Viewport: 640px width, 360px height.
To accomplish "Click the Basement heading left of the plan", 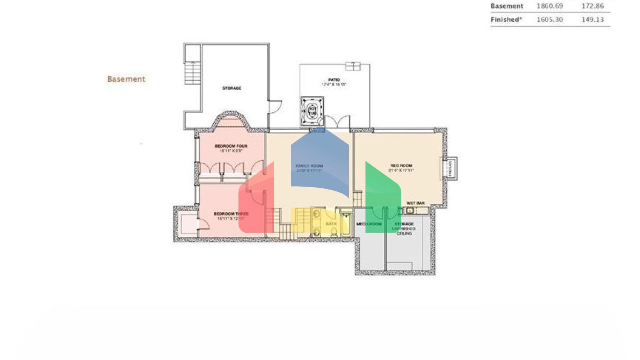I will click(126, 79).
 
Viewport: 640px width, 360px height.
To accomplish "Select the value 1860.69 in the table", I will click(550, 6).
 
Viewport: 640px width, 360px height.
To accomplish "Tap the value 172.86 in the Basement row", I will click(592, 6).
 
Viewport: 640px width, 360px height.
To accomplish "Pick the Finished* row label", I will click(506, 20).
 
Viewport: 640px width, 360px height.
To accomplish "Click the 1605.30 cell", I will click(550, 20).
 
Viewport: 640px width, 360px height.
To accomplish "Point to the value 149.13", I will click(592, 20).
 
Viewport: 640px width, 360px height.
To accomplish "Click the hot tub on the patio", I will click(312, 111).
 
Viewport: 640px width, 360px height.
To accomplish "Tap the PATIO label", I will click(334, 80).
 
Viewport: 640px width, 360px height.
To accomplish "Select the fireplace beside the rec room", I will click(450, 169).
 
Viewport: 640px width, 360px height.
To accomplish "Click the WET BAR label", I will click(415, 203).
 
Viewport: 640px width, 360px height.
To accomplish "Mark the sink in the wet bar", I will click(410, 211).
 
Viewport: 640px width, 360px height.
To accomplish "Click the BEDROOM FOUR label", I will click(231, 146).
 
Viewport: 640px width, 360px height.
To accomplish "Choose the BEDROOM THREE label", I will click(231, 214).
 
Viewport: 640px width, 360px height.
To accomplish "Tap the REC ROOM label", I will click(401, 165).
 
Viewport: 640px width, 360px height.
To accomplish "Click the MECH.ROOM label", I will click(369, 224).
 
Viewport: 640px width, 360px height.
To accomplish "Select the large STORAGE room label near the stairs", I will click(232, 88).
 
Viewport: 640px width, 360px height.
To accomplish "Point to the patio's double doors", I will click(337, 122).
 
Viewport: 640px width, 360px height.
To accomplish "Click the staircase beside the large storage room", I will click(192, 72).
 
